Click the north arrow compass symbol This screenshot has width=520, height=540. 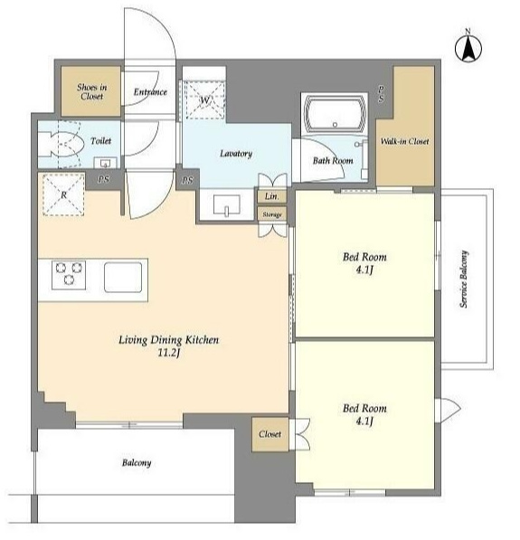tap(468, 48)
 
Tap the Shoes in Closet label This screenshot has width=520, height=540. tap(91, 91)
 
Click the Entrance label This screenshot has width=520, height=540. tap(150, 92)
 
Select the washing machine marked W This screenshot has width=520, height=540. tap(204, 99)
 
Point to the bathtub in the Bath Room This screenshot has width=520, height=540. tap(335, 114)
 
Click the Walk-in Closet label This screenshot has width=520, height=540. tap(404, 141)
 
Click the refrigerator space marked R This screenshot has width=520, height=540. tap(63, 194)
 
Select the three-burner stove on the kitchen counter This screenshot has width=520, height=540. tap(69, 275)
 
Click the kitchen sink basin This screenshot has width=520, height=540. tap(123, 278)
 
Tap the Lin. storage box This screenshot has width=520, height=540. tap(271, 196)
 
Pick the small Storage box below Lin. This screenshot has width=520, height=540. tap(272, 214)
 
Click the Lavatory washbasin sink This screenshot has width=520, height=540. tap(227, 205)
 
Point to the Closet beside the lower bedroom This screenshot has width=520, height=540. tap(270, 434)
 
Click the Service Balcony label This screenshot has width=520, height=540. tap(464, 279)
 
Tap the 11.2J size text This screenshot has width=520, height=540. tap(169, 353)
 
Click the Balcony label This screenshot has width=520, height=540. tap(137, 463)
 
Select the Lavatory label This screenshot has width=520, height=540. tap(236, 154)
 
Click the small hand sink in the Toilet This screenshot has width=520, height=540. tap(106, 163)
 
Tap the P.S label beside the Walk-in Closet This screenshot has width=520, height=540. tap(382, 94)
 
